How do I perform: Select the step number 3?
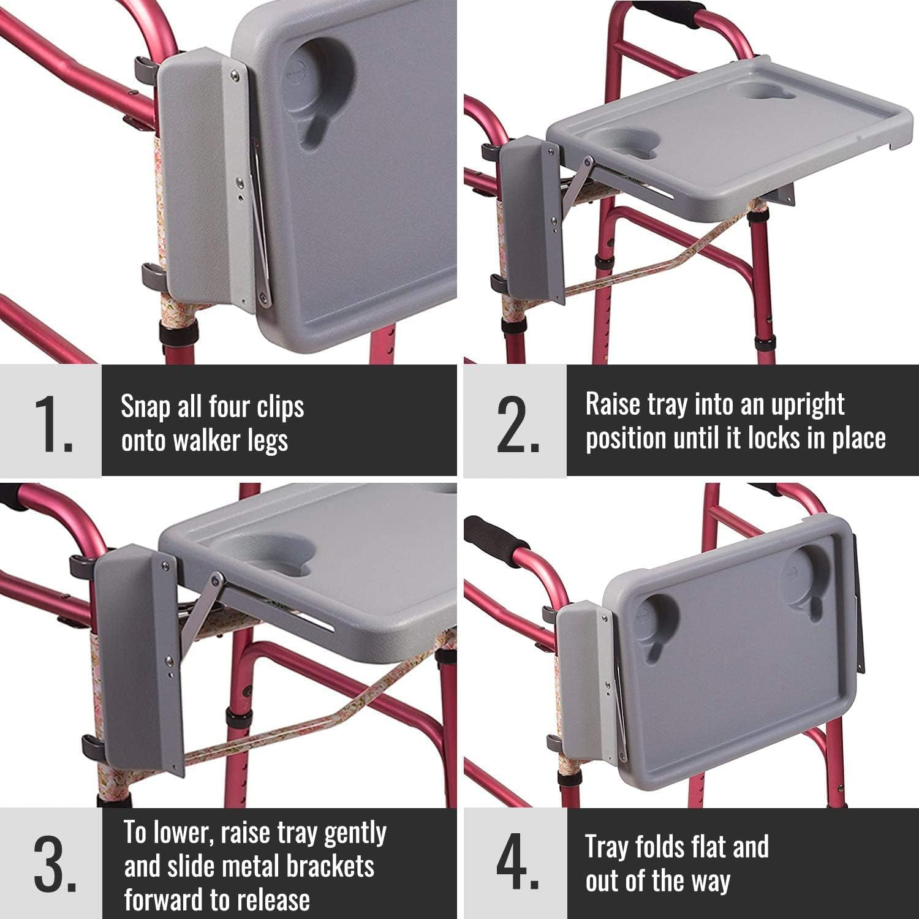(54, 865)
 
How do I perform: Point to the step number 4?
(517, 865)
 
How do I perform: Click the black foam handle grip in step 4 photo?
(494, 534)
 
